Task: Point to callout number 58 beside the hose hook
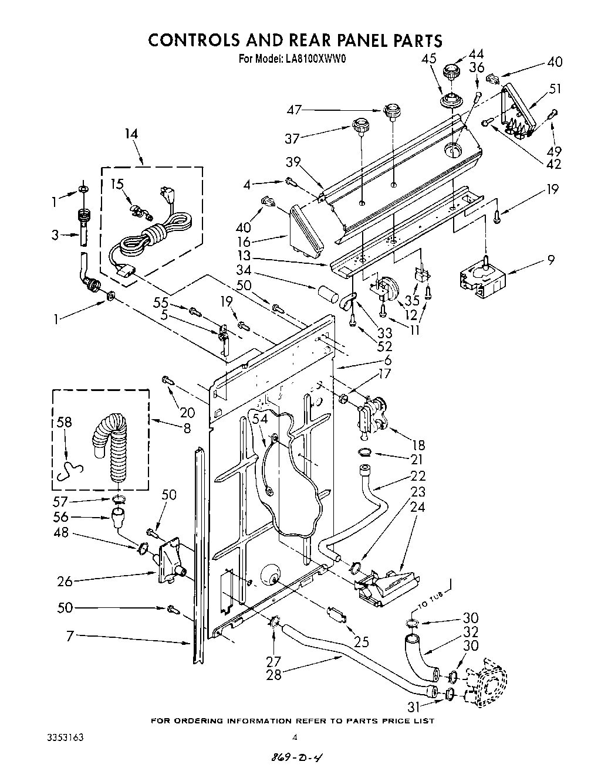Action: point(65,423)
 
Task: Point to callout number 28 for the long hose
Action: point(273,674)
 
